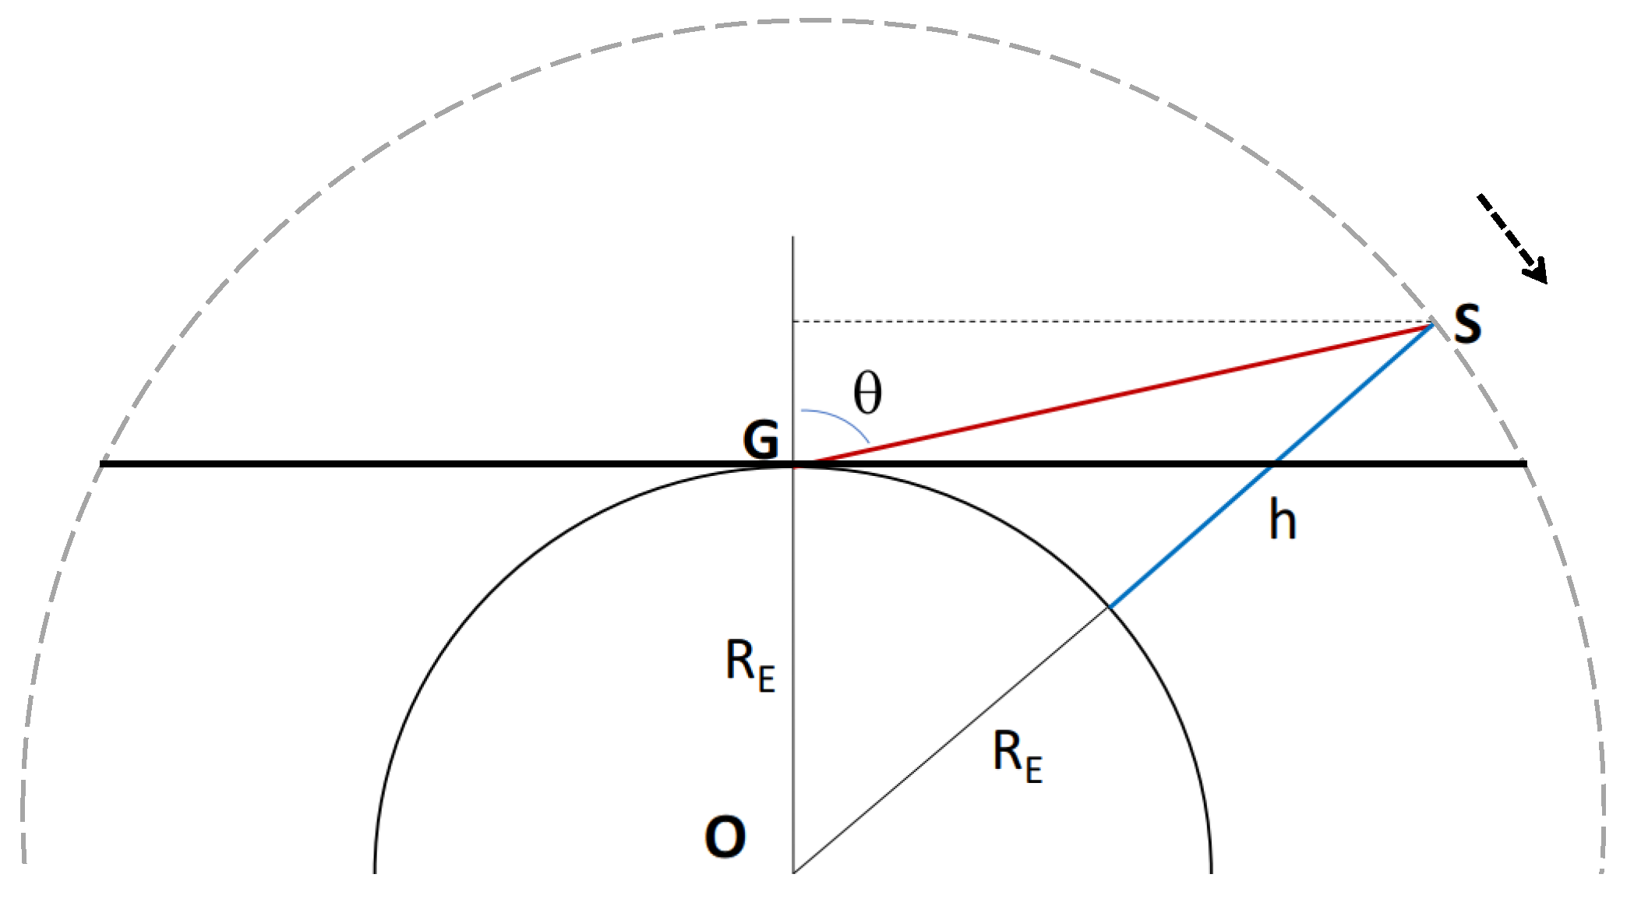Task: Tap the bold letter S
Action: [x=1467, y=323]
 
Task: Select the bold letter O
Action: [x=725, y=837]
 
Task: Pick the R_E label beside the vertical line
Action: [x=750, y=664]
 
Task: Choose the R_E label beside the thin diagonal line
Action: [x=1017, y=756]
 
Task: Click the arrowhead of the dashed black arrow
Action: [x=1537, y=273]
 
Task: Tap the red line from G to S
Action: [x=1114, y=395]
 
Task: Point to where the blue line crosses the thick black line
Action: [x=1273, y=464]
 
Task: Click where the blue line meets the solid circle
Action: [x=1110, y=606]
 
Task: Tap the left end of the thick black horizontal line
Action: [x=102, y=464]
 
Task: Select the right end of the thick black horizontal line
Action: [x=1524, y=464]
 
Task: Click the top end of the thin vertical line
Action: [x=793, y=238]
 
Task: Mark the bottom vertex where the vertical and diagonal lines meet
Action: [x=793, y=872]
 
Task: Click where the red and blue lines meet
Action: [x=1432, y=324]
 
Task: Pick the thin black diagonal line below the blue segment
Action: [x=951, y=740]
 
